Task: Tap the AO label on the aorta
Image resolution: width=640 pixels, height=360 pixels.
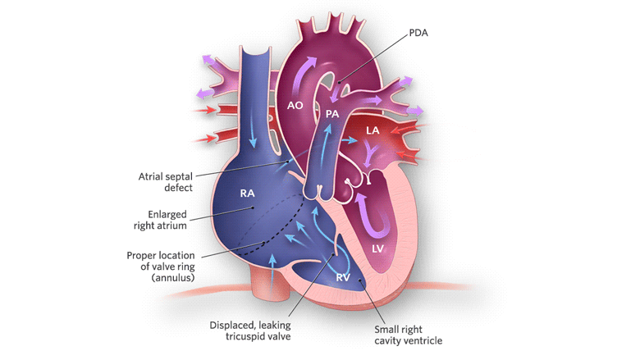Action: (x=296, y=105)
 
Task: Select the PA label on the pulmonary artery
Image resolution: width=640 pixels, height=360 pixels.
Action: (x=332, y=114)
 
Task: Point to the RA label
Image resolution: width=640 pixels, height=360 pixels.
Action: (x=246, y=193)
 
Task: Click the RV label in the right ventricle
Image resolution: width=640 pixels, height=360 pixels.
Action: (x=344, y=277)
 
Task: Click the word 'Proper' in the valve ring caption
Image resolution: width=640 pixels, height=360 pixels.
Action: (x=142, y=254)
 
